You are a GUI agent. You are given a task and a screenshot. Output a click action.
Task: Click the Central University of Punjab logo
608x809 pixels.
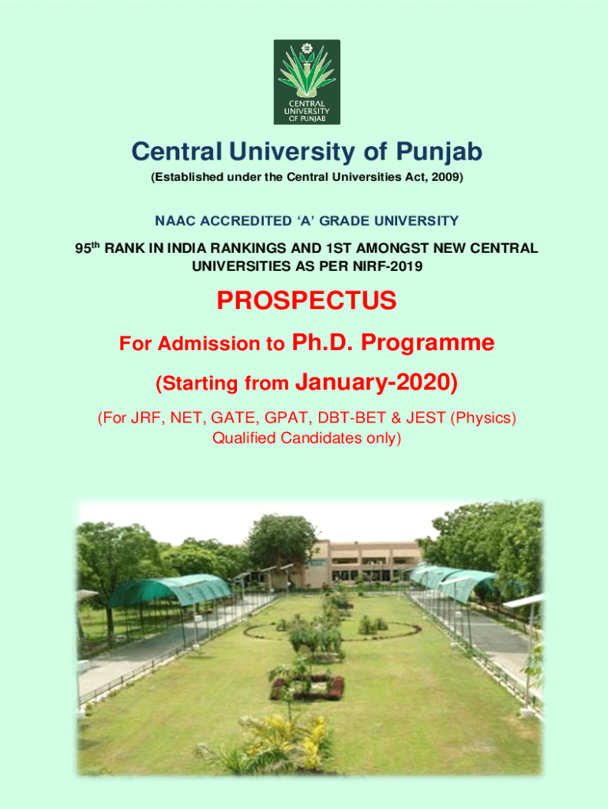point(307,82)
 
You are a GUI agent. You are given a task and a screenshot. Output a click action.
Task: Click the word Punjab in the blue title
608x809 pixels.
point(439,152)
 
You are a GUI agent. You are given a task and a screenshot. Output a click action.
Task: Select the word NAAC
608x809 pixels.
point(175,221)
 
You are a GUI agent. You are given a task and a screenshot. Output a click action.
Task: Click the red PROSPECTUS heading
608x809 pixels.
point(307,300)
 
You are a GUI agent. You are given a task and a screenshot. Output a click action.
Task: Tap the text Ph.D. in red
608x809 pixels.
point(322,342)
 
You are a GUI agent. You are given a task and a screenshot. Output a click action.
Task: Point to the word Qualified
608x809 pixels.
point(244,438)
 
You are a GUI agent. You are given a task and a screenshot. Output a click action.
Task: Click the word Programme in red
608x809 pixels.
point(427,343)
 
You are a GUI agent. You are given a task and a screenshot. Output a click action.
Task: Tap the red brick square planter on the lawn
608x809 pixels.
point(307,687)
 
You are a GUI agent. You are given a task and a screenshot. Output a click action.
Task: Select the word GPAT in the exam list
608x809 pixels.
point(286,417)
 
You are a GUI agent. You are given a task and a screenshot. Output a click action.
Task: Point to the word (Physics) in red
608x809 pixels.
point(483,418)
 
